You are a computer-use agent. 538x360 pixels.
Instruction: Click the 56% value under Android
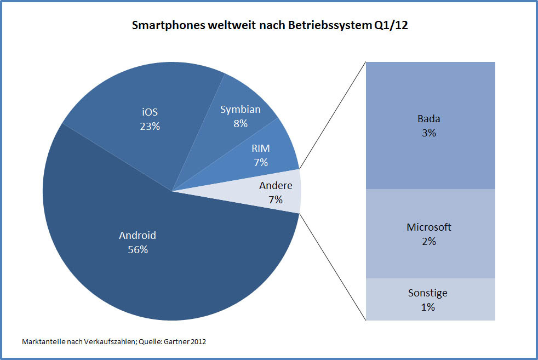(x=138, y=250)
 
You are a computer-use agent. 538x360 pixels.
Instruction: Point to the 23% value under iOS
(x=149, y=126)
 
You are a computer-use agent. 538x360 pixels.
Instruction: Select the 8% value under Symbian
(x=241, y=124)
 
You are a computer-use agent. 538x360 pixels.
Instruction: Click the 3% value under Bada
(x=428, y=133)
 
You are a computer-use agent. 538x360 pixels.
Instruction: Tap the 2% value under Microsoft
(x=428, y=241)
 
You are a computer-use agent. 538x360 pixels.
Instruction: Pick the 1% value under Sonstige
(x=428, y=307)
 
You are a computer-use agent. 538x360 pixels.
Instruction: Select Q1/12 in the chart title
(x=390, y=26)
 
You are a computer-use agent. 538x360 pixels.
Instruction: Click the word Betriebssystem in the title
(x=330, y=26)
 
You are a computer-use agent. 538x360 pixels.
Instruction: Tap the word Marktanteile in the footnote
(x=42, y=341)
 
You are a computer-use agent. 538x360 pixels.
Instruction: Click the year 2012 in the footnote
(x=198, y=341)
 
